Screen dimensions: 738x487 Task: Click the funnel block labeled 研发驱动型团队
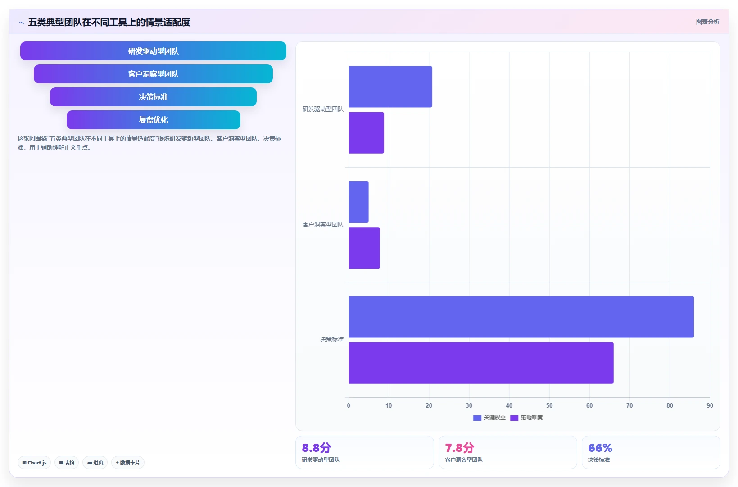click(153, 51)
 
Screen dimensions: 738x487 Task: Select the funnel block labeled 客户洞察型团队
click(153, 74)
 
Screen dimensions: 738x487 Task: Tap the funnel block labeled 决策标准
click(153, 97)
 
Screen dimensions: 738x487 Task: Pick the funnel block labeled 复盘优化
click(153, 120)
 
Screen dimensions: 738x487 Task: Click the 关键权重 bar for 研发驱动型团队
click(390, 86)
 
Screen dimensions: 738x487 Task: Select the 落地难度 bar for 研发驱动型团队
click(367, 132)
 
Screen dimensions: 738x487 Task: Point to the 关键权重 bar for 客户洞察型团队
click(359, 202)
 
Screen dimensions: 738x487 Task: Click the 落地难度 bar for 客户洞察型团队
click(364, 248)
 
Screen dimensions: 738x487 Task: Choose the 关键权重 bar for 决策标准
click(521, 317)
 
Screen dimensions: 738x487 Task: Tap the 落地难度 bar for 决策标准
click(481, 363)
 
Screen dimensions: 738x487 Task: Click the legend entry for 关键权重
click(489, 418)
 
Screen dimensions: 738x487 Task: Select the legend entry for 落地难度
click(526, 418)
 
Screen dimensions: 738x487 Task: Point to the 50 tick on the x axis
click(549, 405)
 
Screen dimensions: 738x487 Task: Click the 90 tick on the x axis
click(710, 405)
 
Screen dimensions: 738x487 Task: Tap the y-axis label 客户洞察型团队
click(323, 224)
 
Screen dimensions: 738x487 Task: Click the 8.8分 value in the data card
click(316, 448)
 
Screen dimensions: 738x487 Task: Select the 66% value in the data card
click(600, 448)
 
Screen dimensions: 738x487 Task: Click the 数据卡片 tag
click(128, 463)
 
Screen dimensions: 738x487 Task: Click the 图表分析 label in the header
click(707, 22)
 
